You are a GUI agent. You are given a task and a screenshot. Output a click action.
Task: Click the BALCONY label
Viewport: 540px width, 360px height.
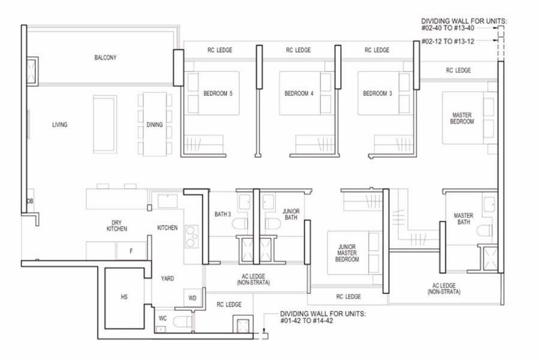(x=105, y=58)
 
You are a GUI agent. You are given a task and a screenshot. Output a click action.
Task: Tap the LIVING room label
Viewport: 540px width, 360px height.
(x=59, y=125)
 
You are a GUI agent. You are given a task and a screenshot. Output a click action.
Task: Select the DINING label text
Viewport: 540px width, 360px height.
(x=154, y=125)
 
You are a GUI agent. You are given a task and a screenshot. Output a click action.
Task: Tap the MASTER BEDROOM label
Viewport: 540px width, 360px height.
(x=463, y=118)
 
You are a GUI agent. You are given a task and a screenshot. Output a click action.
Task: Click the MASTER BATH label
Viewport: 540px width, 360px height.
(x=463, y=219)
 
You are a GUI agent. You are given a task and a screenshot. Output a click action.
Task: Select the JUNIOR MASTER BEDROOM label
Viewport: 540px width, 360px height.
(x=347, y=253)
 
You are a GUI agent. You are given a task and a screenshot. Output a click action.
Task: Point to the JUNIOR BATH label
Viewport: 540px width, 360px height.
(x=290, y=214)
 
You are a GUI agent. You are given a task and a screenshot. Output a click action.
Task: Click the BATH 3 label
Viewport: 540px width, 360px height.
(x=223, y=214)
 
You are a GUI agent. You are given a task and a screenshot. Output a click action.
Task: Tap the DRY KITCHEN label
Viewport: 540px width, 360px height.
(x=116, y=225)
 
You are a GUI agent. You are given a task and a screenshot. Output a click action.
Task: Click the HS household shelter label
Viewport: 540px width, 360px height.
(x=124, y=297)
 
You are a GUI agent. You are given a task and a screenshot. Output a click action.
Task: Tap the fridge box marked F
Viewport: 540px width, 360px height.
(x=131, y=251)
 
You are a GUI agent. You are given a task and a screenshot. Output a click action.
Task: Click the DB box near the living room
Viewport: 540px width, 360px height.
(x=29, y=201)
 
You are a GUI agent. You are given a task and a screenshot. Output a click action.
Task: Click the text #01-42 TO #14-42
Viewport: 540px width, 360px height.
(x=307, y=321)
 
